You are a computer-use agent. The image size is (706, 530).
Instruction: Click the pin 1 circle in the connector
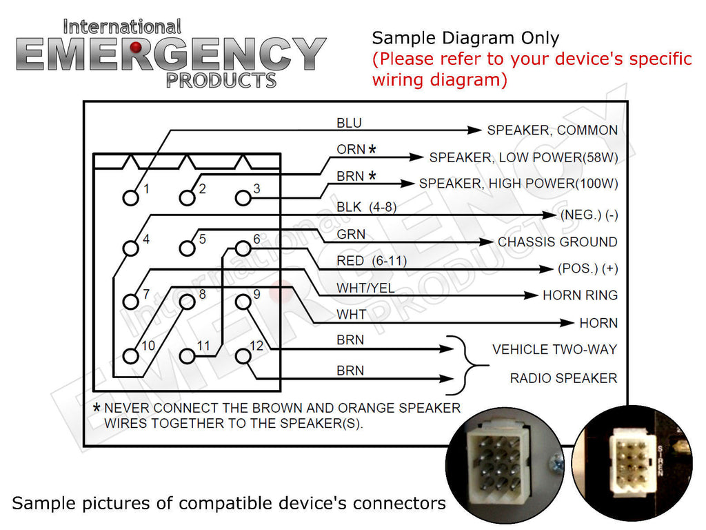pyautogui.click(x=130, y=197)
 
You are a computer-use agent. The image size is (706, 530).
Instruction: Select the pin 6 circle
pyautogui.click(x=243, y=248)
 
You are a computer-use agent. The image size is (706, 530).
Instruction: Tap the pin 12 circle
pyautogui.click(x=243, y=355)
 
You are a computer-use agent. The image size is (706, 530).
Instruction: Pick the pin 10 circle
pyautogui.click(x=130, y=355)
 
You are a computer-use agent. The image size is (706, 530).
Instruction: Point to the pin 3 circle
pyautogui.click(x=243, y=197)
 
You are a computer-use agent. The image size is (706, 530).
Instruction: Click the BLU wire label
pyautogui.click(x=349, y=124)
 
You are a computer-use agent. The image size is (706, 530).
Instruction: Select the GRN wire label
pyautogui.click(x=351, y=235)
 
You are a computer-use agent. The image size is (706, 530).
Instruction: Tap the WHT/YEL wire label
pyautogui.click(x=365, y=288)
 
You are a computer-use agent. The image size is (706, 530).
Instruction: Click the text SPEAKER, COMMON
pyautogui.click(x=552, y=130)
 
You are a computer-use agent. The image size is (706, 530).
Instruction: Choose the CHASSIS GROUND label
pyautogui.click(x=557, y=242)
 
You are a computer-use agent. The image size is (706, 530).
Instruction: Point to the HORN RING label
pyautogui.click(x=580, y=295)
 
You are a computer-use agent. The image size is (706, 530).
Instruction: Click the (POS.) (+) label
pyautogui.click(x=587, y=268)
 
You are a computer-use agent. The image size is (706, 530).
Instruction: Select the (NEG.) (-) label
pyautogui.click(x=589, y=215)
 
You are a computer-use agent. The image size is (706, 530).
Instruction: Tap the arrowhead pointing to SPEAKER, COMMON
pyautogui.click(x=474, y=130)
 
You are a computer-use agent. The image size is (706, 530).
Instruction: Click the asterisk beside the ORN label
pyautogui.click(x=372, y=150)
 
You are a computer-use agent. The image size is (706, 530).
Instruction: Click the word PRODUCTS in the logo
pyautogui.click(x=221, y=79)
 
